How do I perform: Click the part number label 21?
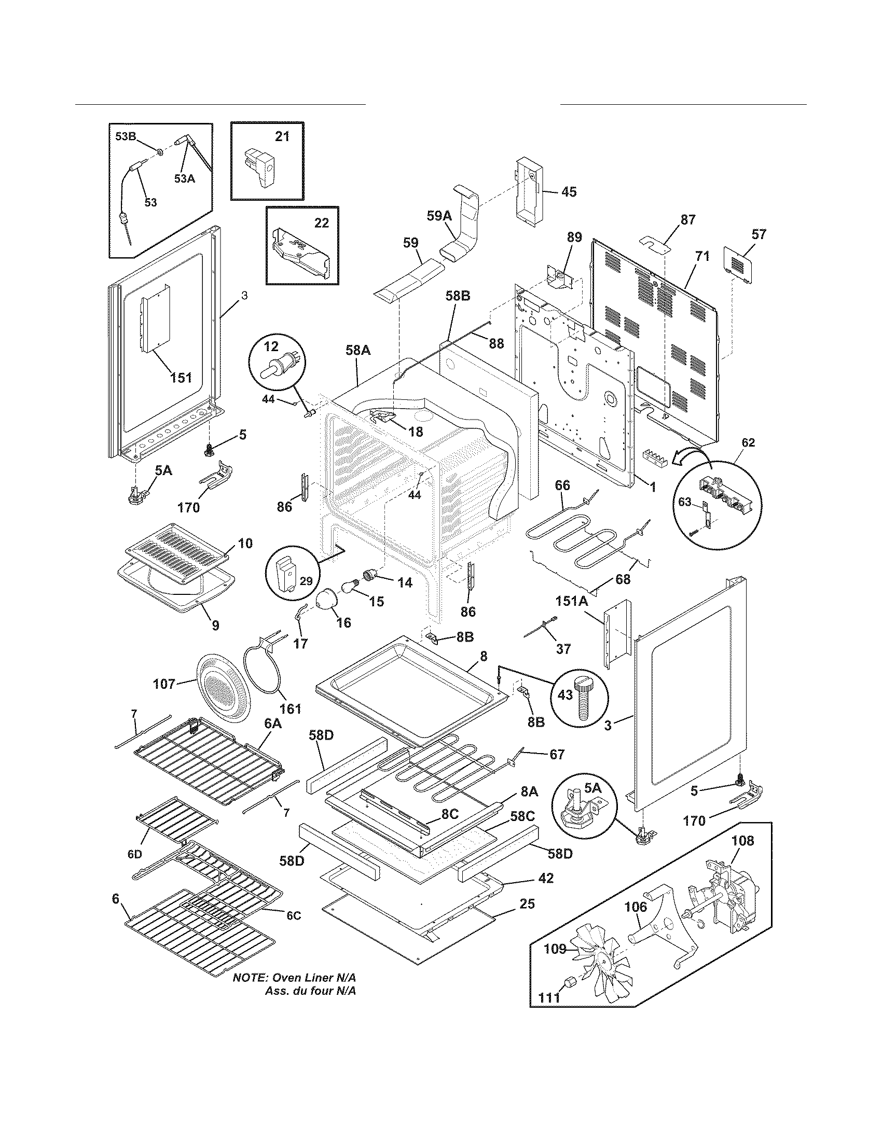[282, 136]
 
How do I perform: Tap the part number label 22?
[322, 222]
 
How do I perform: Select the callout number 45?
[569, 192]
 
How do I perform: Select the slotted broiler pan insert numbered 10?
[177, 553]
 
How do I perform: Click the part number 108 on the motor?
[743, 841]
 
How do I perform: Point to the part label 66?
[562, 485]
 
